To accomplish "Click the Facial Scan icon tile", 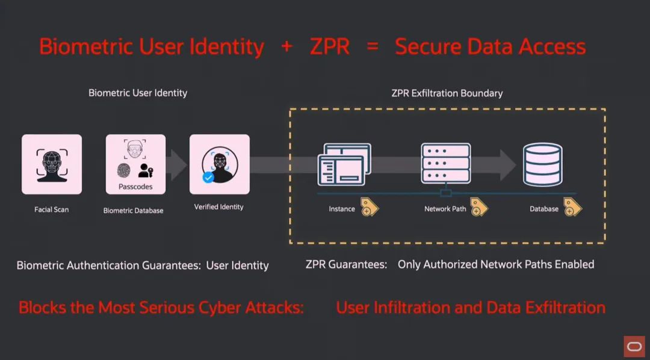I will coord(52,164).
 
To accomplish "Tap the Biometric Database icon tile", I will coord(135,164).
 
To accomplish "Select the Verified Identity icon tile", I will coord(219,164).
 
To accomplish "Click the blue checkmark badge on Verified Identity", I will coord(208,178).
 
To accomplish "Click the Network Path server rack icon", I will coord(445,163).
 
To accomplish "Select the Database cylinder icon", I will coord(542,164).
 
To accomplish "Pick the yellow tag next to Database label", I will coord(572,207).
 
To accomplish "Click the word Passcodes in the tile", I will coord(135,187).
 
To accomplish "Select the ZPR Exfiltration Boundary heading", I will coord(447,93).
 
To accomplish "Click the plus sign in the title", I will coord(286,47).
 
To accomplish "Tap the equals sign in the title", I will coord(373,47).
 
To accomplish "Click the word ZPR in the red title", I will coord(329,47).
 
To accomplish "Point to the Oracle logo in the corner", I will coord(634,347).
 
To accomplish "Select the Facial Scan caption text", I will coord(51,210).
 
